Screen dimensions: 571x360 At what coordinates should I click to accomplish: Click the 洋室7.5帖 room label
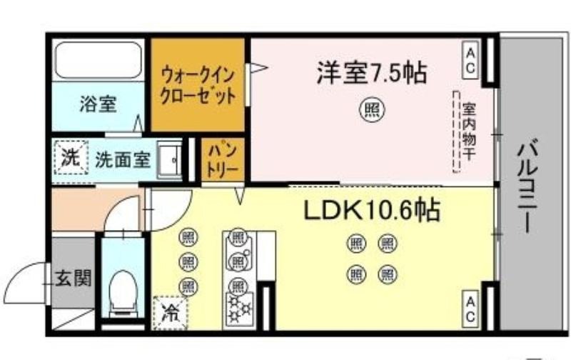click(371, 73)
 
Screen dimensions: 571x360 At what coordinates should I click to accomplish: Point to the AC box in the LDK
click(470, 309)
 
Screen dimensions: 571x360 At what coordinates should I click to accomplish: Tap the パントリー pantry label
click(222, 160)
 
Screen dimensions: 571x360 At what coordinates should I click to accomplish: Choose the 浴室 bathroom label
click(98, 104)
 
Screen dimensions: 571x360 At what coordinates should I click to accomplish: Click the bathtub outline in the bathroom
click(98, 60)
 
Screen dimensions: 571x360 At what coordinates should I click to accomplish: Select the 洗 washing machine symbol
click(71, 157)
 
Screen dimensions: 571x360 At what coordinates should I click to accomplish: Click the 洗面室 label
click(123, 159)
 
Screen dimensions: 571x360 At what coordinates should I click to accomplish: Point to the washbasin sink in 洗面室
click(169, 160)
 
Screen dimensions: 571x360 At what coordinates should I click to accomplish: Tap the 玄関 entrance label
click(74, 278)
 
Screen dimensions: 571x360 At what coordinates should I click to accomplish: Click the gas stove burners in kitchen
click(239, 309)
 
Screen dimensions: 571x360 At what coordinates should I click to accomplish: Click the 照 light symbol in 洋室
click(372, 109)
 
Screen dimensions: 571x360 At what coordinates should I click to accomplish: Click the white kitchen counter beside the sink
click(266, 255)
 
